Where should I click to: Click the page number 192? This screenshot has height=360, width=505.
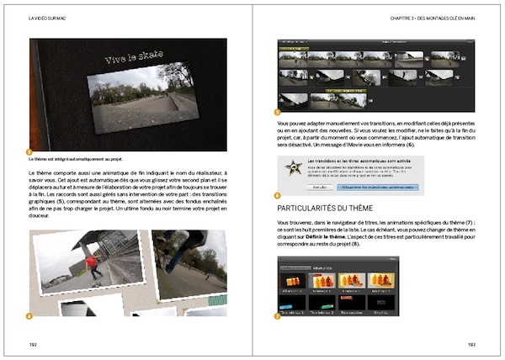(x=32, y=344)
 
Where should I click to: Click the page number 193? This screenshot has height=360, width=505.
(x=471, y=344)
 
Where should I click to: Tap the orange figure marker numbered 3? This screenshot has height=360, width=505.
(x=30, y=151)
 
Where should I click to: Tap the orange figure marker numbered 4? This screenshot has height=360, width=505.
(x=30, y=315)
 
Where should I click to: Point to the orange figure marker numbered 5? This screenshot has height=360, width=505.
(x=279, y=111)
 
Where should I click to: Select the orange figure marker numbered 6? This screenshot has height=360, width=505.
(x=279, y=195)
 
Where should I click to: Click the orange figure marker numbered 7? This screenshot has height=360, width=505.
(x=279, y=316)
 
